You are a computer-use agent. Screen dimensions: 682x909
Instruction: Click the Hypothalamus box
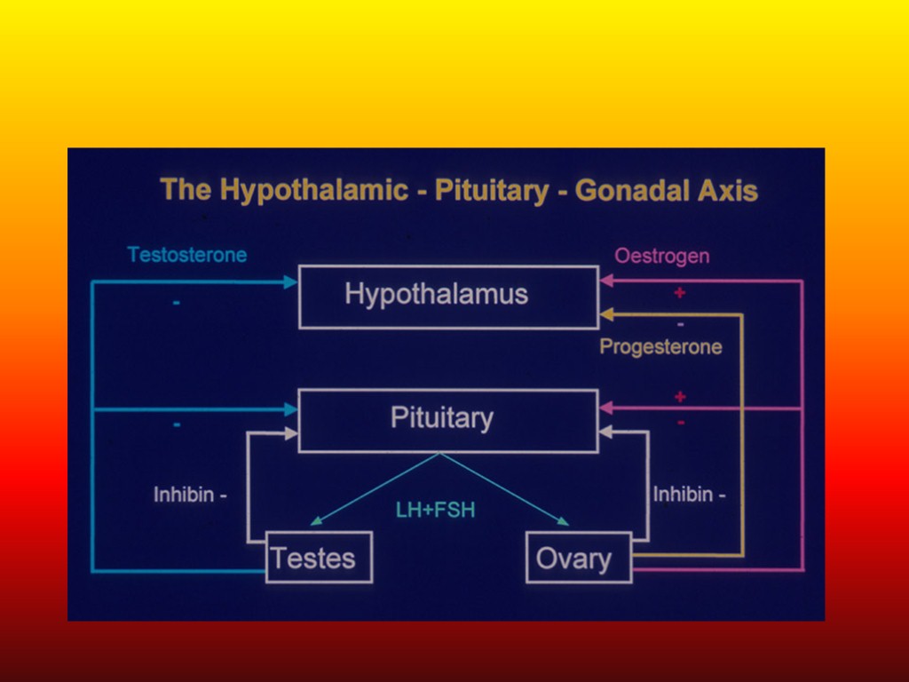448,297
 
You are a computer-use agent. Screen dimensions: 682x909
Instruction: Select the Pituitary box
448,420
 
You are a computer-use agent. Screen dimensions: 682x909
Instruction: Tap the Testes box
319,558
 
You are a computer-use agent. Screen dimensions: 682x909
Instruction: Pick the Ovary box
579,558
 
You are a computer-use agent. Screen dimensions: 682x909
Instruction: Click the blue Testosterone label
187,255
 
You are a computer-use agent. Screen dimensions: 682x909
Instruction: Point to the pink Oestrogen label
662,257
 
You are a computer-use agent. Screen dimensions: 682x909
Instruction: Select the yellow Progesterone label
660,346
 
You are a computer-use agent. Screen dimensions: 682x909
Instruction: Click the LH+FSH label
436,511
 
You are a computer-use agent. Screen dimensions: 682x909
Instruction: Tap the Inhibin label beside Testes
190,495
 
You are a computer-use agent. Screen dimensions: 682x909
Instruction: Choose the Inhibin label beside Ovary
689,495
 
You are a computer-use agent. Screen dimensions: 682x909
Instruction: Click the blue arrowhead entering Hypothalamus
290,282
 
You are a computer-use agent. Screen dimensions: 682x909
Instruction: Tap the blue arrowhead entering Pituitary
290,409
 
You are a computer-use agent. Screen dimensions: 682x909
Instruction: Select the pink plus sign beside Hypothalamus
680,292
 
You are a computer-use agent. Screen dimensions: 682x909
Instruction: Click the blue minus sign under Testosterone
177,304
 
